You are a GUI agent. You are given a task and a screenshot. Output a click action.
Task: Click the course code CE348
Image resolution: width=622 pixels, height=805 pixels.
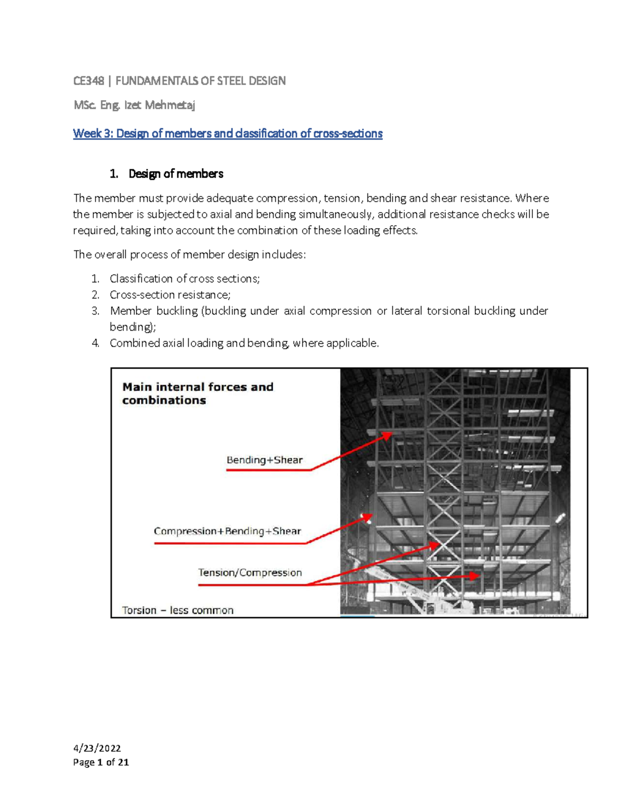[x=89, y=81]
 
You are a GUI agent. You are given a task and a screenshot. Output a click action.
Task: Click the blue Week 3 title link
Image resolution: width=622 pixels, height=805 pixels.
[x=228, y=134]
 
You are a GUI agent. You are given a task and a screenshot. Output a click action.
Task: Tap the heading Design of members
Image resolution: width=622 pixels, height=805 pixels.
[x=176, y=174]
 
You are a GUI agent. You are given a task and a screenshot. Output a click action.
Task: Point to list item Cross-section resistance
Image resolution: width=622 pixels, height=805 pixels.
[x=170, y=295]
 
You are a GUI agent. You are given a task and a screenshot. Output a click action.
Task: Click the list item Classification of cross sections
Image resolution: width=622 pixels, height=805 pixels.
[x=185, y=279]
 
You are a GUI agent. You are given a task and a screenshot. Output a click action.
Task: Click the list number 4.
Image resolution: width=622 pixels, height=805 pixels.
[x=95, y=343]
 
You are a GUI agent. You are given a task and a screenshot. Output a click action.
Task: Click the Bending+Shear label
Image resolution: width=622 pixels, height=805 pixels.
[x=264, y=460]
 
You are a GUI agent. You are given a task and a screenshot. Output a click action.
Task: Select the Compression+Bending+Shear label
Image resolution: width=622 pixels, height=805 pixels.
[x=227, y=531]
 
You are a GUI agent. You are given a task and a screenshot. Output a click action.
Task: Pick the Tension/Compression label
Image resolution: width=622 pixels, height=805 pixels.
[x=250, y=573]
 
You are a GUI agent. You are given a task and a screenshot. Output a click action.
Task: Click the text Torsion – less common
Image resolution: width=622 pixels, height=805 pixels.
[x=178, y=611]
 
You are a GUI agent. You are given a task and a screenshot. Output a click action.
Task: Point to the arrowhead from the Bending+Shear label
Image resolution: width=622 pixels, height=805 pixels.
[x=388, y=436]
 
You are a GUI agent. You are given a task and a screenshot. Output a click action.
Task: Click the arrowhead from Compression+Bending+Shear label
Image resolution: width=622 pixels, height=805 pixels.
[x=367, y=517]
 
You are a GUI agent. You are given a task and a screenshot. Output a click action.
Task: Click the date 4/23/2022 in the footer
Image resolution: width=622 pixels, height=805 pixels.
[x=97, y=748]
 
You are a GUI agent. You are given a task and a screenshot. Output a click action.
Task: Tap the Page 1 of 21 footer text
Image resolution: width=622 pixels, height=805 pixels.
[x=101, y=762]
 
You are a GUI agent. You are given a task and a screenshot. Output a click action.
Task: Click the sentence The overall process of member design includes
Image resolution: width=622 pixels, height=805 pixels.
[x=190, y=255]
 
